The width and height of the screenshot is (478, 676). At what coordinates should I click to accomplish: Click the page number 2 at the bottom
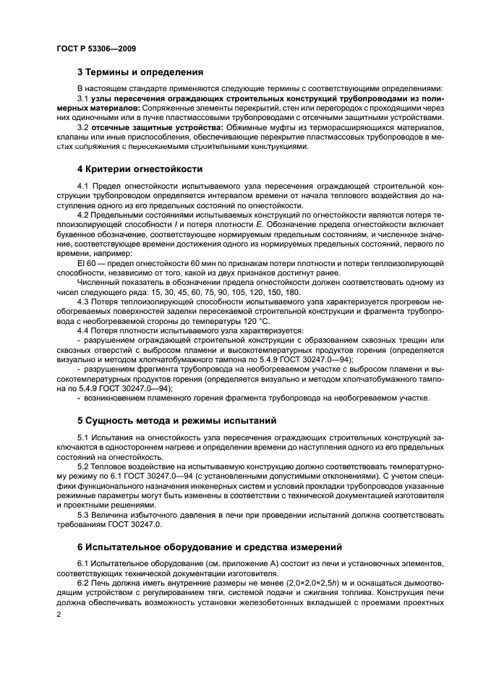tap(59, 614)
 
